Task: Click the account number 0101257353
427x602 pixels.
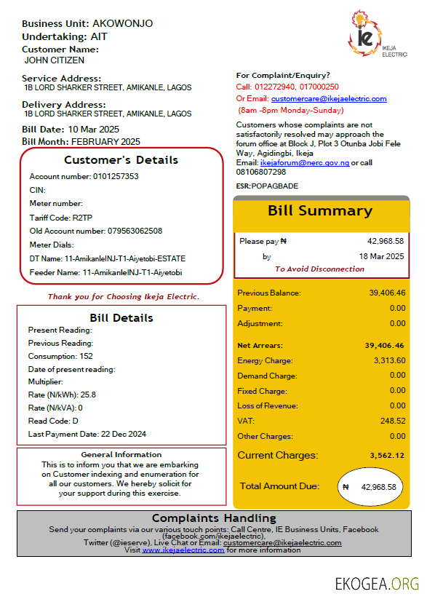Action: (115, 177)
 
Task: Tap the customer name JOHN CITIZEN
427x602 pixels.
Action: (55, 60)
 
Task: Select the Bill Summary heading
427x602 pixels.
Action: (320, 211)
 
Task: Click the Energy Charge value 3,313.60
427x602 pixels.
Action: (390, 360)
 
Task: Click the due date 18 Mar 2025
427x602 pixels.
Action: (382, 256)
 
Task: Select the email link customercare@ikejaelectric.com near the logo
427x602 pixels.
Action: (329, 99)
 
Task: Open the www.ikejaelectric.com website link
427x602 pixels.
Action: (183, 550)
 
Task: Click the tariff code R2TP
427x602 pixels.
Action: (84, 217)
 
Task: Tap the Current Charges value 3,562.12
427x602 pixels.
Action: (387, 456)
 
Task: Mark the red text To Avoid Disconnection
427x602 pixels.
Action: (319, 269)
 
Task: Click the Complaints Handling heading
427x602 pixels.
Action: (214, 518)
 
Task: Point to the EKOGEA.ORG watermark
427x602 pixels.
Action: (378, 583)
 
